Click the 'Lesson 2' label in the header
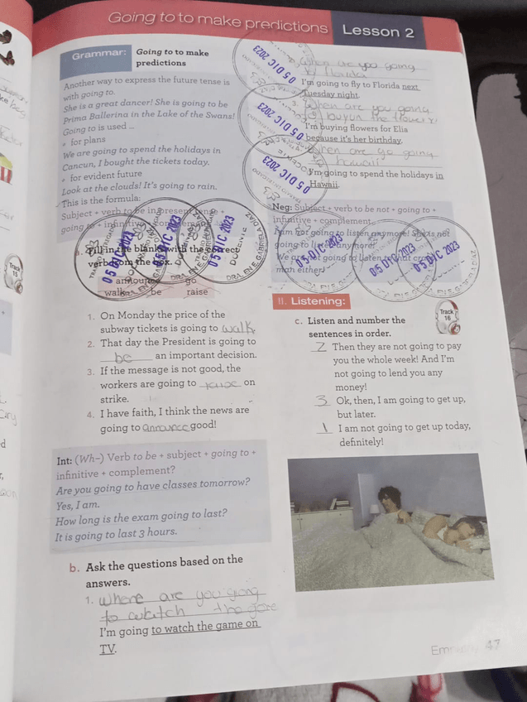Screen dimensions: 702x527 [378, 31]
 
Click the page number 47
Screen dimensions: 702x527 [494, 645]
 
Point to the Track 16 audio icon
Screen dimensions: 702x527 [450, 315]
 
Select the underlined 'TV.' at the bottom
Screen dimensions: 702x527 [107, 650]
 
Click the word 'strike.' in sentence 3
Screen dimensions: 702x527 [115, 398]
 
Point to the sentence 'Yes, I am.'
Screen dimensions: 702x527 [77, 505]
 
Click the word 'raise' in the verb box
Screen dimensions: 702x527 [196, 291]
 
